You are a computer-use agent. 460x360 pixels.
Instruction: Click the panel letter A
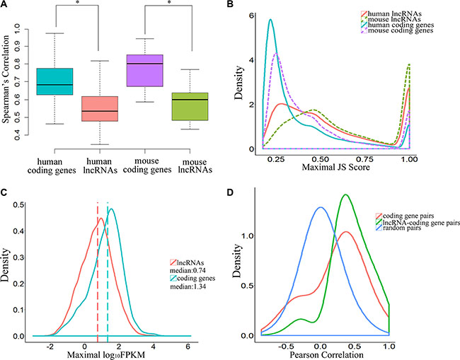tap(5, 6)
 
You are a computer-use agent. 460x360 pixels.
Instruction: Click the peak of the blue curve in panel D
tap(321, 207)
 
